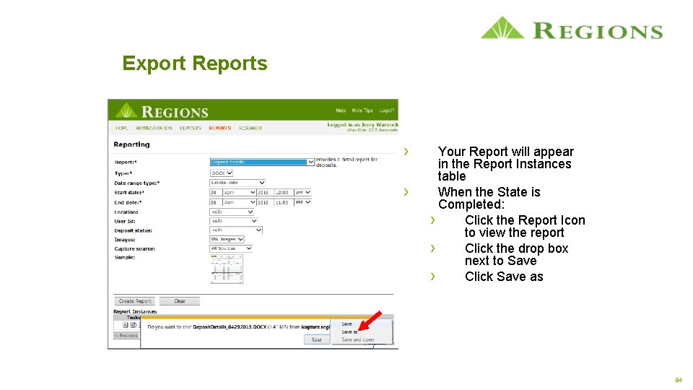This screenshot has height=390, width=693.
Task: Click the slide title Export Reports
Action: pyautogui.click(x=195, y=64)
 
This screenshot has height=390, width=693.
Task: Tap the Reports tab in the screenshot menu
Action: pyautogui.click(x=219, y=128)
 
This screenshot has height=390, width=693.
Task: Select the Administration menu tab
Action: pyautogui.click(x=154, y=128)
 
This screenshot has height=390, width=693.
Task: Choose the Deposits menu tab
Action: pyautogui.click(x=191, y=128)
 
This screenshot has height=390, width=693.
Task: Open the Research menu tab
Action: pyautogui.click(x=250, y=128)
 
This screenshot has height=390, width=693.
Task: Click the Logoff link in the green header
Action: pyautogui.click(x=387, y=110)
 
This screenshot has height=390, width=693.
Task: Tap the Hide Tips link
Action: pyautogui.click(x=362, y=110)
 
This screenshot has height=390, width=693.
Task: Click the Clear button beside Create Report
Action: pyautogui.click(x=179, y=301)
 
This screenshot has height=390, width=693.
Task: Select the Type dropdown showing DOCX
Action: pyautogui.click(x=222, y=173)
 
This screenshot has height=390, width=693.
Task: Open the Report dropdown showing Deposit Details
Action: pyautogui.click(x=263, y=162)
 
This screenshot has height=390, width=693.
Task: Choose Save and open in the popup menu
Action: pyautogui.click(x=358, y=339)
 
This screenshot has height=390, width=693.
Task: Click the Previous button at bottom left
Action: pyautogui.click(x=127, y=336)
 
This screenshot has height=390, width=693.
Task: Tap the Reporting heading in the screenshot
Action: pyautogui.click(x=131, y=144)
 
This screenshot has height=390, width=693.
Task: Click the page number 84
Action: pyautogui.click(x=678, y=380)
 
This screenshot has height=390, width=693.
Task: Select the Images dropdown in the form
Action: pyautogui.click(x=227, y=239)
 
